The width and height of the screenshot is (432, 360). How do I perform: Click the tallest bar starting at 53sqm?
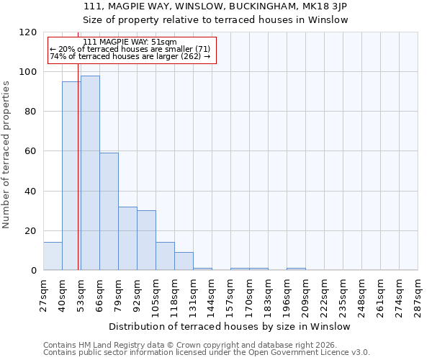coord(90,173)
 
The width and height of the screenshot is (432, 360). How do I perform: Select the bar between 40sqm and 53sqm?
coord(71,176)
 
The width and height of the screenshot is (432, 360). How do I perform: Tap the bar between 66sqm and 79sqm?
coord(109,212)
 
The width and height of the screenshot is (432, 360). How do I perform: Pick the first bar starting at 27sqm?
coord(53,256)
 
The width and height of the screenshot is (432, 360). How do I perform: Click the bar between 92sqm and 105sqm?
coord(146,240)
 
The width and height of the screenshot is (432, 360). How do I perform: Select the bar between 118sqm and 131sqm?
coord(184,261)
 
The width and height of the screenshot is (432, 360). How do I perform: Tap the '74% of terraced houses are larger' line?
coord(130,56)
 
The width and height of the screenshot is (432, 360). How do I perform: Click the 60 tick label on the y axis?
coord(31,151)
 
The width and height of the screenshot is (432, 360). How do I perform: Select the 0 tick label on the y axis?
coord(34,271)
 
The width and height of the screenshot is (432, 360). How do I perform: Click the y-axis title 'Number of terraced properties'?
coord(6,155)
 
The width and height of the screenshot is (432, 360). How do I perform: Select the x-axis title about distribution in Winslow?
coord(230,326)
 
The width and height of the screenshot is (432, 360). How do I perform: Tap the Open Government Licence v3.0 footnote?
coord(206,353)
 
